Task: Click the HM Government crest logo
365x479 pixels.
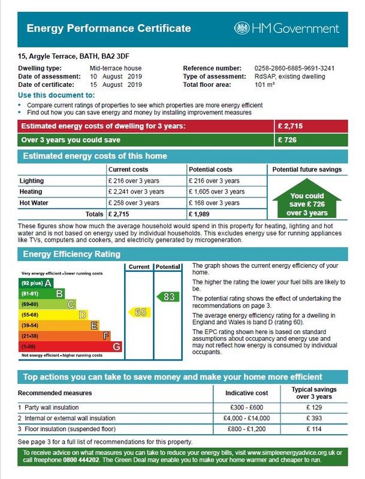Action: point(242,28)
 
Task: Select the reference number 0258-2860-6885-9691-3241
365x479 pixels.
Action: point(303,68)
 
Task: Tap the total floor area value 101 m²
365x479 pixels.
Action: point(264,85)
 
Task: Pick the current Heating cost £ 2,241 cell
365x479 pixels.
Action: point(136,192)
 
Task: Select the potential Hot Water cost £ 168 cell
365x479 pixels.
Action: point(216,203)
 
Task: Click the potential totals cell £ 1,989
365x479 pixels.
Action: point(202,214)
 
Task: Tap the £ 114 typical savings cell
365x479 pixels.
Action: point(314,429)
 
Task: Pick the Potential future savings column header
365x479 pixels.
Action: point(307,169)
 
